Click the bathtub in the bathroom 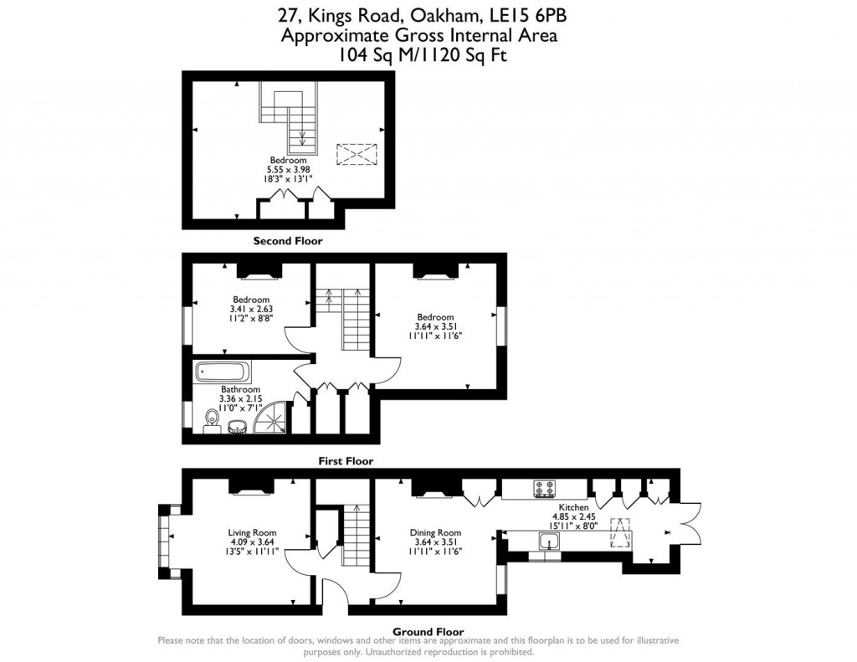(222, 372)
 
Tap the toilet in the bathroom (210, 418)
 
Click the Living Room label (252, 532)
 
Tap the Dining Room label (435, 532)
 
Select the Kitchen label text (573, 507)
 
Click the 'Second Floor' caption (288, 241)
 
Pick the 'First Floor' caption (345, 461)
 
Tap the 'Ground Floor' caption (428, 632)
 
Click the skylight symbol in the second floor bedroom (357, 155)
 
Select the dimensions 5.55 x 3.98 (288, 169)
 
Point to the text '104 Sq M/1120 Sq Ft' (423, 55)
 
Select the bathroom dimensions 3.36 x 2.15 (240, 398)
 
